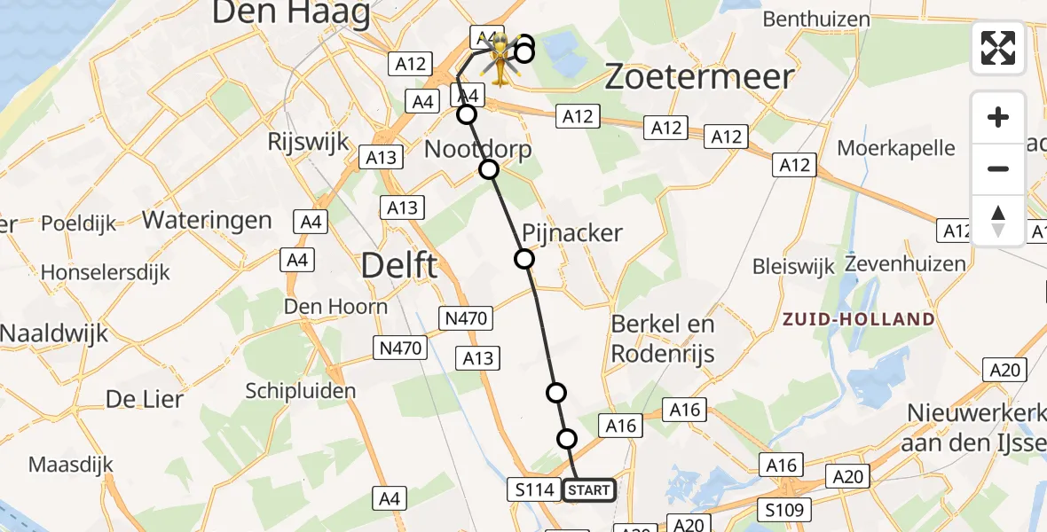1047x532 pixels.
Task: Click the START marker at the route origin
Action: (x=588, y=489)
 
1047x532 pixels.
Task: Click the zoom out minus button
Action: (x=998, y=168)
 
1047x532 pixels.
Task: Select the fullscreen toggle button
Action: (x=998, y=48)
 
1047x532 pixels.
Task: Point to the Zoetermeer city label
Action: (x=698, y=77)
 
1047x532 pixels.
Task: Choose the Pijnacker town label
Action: (x=572, y=233)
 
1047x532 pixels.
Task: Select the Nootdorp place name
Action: (x=478, y=149)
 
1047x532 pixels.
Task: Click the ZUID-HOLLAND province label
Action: (x=857, y=319)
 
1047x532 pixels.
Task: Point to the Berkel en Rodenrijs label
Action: (x=663, y=339)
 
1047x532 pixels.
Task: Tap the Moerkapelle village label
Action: (x=896, y=147)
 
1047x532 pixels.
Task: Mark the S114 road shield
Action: (x=533, y=489)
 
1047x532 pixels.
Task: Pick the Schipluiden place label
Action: (x=301, y=391)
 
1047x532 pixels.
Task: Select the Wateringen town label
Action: (x=207, y=220)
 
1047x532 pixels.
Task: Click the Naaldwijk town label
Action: (x=54, y=333)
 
